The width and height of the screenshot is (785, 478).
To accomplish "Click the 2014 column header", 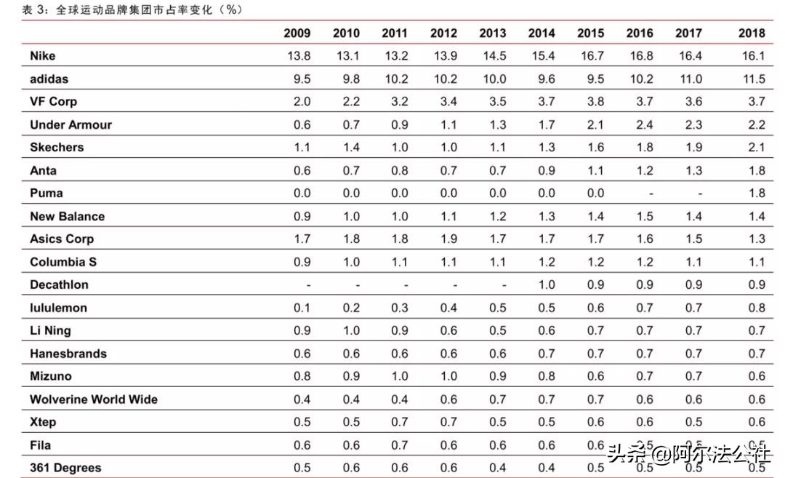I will (542, 33).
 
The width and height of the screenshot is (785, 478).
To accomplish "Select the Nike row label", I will (42, 56).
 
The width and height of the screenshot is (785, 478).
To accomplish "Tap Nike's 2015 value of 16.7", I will (591, 56).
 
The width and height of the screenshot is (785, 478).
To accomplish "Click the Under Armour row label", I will (71, 124).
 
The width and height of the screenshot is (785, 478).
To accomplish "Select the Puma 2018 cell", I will (756, 194).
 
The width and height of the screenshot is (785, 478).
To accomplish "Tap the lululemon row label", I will (58, 308).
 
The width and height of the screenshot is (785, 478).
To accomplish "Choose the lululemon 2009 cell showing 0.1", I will (302, 308).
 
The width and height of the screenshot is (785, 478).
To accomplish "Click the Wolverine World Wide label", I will (93, 399).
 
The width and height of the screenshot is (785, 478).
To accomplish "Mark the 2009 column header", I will (297, 33).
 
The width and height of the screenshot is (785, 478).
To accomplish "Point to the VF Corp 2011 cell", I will (400, 102).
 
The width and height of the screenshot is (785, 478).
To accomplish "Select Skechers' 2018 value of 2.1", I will (756, 148).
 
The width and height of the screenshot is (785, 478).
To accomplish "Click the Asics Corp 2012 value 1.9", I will (449, 239).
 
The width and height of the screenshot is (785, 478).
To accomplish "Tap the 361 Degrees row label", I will (65, 468).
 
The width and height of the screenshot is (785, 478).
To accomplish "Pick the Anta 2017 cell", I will (693, 171).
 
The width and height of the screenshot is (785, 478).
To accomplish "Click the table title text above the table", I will (131, 9).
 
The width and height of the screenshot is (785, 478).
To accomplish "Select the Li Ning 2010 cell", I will (351, 331).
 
